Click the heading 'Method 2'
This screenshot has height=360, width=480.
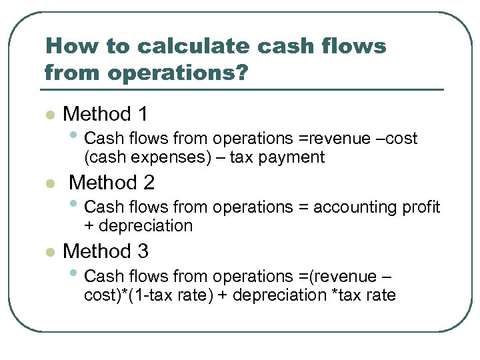(111, 182)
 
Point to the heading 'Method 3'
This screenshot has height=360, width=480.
(105, 251)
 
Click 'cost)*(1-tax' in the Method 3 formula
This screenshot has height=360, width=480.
(131, 295)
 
